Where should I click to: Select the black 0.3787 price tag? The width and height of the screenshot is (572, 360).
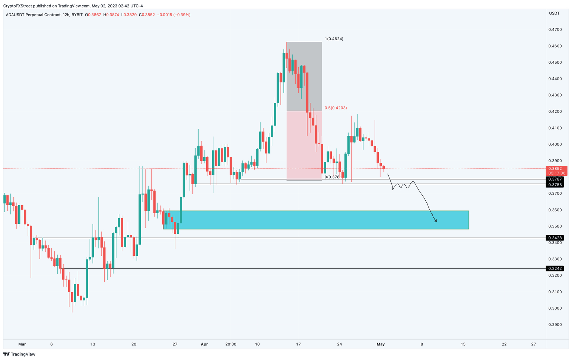(x=555, y=179)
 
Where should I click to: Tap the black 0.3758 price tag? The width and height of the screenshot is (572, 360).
(x=555, y=185)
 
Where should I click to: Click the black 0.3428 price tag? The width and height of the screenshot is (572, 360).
(x=555, y=238)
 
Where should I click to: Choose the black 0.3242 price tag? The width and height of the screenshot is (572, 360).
(x=555, y=268)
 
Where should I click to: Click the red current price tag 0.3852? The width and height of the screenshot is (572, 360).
(x=556, y=169)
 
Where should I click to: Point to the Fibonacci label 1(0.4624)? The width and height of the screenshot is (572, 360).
(x=334, y=39)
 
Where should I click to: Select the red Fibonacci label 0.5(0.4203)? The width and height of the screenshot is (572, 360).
(x=336, y=108)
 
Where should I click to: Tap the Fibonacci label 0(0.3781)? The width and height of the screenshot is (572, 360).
(x=333, y=177)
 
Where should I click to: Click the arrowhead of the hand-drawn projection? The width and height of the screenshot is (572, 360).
(x=436, y=222)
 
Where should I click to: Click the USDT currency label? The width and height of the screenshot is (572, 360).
(x=554, y=13)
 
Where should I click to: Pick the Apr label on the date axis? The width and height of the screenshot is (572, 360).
(x=204, y=344)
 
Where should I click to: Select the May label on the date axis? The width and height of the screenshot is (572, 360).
(x=380, y=344)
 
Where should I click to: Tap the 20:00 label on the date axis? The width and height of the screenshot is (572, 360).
(x=231, y=344)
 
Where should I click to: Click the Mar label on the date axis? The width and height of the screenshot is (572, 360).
(x=22, y=344)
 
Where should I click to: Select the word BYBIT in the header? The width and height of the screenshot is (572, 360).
(x=77, y=15)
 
